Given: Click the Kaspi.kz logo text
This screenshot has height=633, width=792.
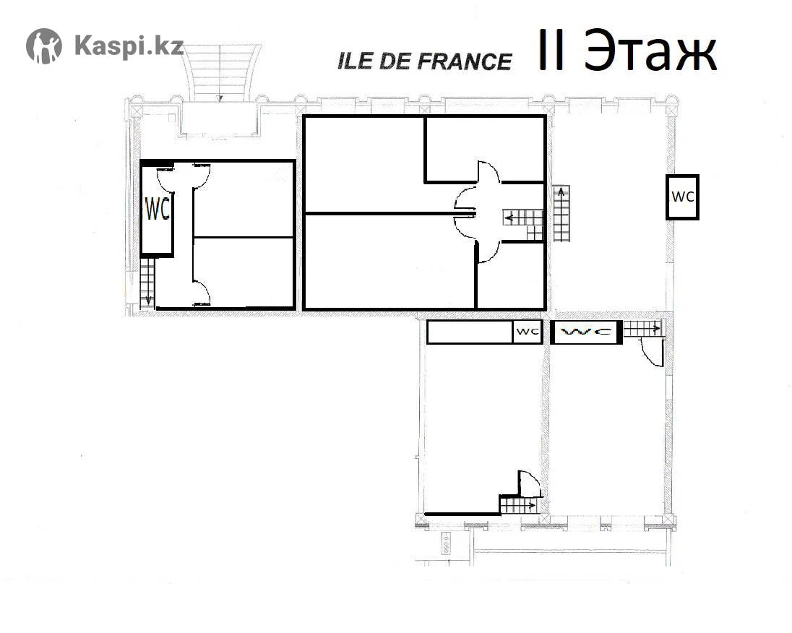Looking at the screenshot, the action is pyautogui.click(x=129, y=46).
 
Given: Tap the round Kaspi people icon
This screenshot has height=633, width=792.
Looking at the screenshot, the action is pyautogui.click(x=44, y=46).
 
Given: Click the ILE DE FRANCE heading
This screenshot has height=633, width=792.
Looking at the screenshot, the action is pyautogui.click(x=424, y=61).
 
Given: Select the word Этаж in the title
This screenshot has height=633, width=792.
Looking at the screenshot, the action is pyautogui.click(x=650, y=51).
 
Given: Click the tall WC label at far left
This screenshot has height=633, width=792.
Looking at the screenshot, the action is pyautogui.click(x=158, y=209).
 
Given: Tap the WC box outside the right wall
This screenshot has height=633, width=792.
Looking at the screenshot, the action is pyautogui.click(x=682, y=197).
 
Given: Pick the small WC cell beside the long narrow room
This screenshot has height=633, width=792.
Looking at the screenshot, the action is pyautogui.click(x=528, y=332).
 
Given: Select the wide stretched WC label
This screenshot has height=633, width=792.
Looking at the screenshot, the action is pyautogui.click(x=587, y=332).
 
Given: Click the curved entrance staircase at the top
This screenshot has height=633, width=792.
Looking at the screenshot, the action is pyautogui.click(x=220, y=73).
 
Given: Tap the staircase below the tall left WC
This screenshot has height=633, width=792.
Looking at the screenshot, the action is pyautogui.click(x=147, y=283).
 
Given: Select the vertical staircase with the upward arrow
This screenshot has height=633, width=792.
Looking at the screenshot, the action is pyautogui.click(x=561, y=213).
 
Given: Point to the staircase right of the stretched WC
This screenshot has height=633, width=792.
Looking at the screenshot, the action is pyautogui.click(x=642, y=329).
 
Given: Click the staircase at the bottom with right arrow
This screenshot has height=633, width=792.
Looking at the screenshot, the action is pyautogui.click(x=519, y=504).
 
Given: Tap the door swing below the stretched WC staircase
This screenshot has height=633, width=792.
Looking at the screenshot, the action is pyautogui.click(x=652, y=352).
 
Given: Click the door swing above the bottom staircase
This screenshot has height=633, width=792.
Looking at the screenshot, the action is pyautogui.click(x=529, y=483).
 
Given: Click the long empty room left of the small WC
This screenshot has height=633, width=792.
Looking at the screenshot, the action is pyautogui.click(x=470, y=332).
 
